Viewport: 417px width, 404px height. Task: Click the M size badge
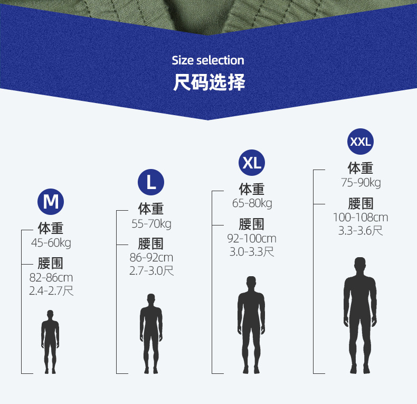pos(51,201)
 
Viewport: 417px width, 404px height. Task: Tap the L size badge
pos(151,182)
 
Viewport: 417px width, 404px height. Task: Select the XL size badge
pos(252,163)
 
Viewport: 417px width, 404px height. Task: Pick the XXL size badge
pos(361,142)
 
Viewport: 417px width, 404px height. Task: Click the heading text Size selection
pos(208,60)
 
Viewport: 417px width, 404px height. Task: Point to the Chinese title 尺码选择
pos(209,83)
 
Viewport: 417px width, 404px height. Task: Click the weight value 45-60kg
pos(51,243)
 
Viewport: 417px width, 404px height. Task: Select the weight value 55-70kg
pos(151,224)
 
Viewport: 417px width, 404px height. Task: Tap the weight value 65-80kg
pos(252,203)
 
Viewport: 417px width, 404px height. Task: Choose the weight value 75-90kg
pos(361,183)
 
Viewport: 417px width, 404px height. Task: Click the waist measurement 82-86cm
pos(51,277)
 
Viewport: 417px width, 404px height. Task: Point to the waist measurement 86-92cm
pos(151,258)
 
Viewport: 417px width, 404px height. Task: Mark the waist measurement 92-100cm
pos(252,239)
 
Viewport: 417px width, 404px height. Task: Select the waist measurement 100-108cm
pos(361,217)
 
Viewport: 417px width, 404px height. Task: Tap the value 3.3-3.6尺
pos(361,231)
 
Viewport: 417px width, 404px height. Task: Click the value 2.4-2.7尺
pos(51,290)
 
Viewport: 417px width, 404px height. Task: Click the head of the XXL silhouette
pos(360,264)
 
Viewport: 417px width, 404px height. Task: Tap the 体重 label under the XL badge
pos(252,189)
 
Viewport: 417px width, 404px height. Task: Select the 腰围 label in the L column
pos(151,243)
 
